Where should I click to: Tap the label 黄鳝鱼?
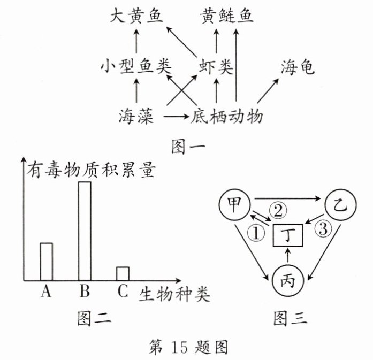point(227,16)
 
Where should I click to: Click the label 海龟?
point(297,67)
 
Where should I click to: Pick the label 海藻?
point(136,114)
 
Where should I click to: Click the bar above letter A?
point(46,261)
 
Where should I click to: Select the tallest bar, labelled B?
point(85,231)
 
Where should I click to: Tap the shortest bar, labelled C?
point(123,273)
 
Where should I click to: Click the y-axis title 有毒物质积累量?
point(91,170)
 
